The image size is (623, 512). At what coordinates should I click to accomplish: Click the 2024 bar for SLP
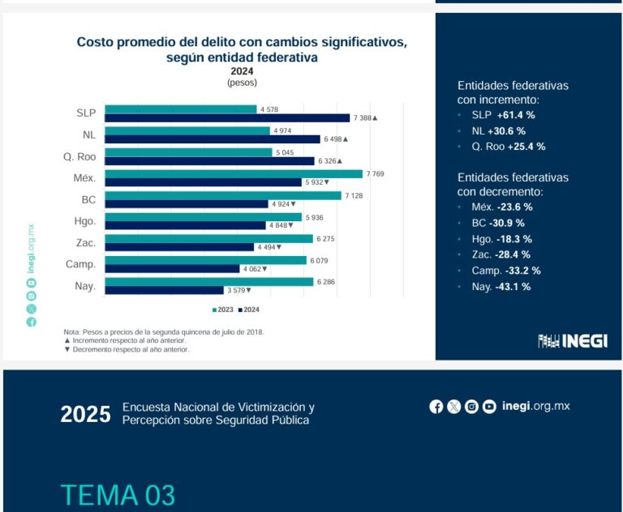click(x=227, y=118)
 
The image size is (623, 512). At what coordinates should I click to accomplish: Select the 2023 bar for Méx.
click(x=234, y=173)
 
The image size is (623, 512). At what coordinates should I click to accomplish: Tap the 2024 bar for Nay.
click(x=164, y=290)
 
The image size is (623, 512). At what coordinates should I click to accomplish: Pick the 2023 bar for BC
click(x=223, y=195)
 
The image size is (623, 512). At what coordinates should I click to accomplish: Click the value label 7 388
click(x=363, y=118)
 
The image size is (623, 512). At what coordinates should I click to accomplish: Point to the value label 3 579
click(x=235, y=290)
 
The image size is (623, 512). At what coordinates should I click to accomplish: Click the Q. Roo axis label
click(x=80, y=156)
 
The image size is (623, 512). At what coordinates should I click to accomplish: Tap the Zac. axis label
click(x=84, y=242)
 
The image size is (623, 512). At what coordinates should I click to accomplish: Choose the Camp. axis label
click(x=81, y=264)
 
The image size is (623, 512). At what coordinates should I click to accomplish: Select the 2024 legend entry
click(x=249, y=309)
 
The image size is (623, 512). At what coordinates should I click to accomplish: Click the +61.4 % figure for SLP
click(x=516, y=115)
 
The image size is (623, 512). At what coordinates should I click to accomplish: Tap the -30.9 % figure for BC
click(x=507, y=223)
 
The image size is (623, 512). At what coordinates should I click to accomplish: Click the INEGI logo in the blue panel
click(x=573, y=341)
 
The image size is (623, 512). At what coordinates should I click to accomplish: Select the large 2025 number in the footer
click(x=85, y=414)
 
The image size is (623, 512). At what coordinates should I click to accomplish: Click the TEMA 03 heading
click(x=118, y=495)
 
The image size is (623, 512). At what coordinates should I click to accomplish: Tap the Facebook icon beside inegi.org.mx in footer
click(x=436, y=407)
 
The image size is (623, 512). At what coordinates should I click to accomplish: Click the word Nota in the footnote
click(x=73, y=332)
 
